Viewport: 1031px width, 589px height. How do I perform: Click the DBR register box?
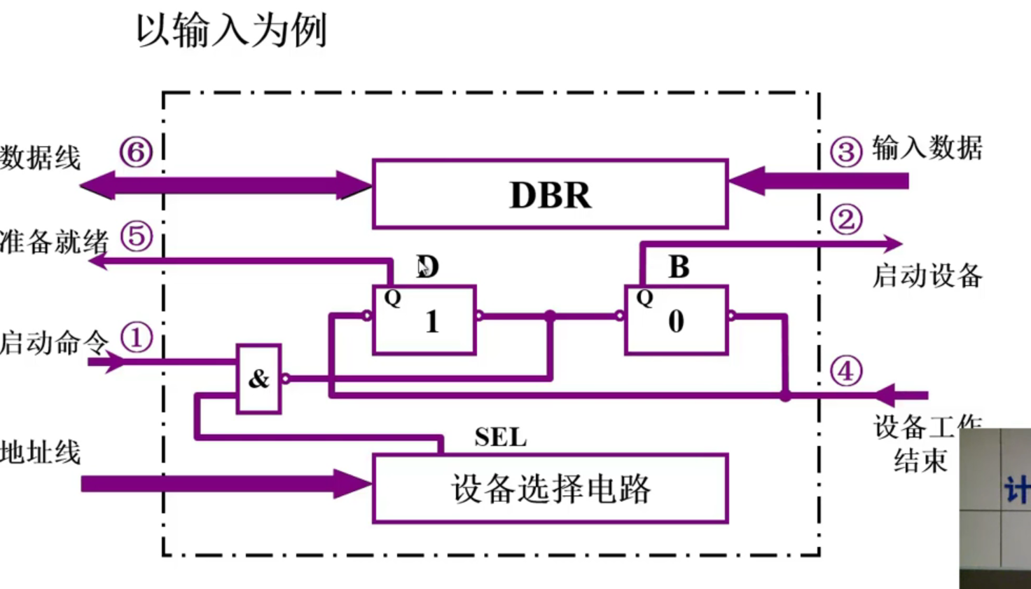[550, 194]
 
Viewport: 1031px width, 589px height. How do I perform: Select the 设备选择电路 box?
[550, 489]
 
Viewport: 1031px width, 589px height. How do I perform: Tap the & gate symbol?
[258, 379]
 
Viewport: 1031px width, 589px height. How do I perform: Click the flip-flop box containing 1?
[424, 320]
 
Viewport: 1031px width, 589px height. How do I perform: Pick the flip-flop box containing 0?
[676, 320]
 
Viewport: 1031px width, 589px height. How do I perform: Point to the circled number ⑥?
[136, 151]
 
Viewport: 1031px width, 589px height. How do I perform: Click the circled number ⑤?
[136, 236]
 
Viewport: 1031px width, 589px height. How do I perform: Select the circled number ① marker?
[136, 338]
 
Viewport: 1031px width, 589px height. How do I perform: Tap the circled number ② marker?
[845, 220]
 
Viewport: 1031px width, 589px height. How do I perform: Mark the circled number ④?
[845, 371]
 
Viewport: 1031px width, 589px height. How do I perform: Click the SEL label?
[500, 438]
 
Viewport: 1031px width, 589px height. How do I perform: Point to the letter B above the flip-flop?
[679, 267]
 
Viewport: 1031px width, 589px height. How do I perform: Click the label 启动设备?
[927, 276]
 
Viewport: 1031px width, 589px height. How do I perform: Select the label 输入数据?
[927, 148]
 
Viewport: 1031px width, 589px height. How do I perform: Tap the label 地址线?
[41, 452]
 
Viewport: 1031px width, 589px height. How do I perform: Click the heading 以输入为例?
[231, 31]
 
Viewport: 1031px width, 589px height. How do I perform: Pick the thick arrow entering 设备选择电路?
[224, 484]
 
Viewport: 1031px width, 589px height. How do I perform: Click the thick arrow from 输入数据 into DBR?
[819, 181]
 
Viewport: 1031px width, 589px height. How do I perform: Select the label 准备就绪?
[55, 242]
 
